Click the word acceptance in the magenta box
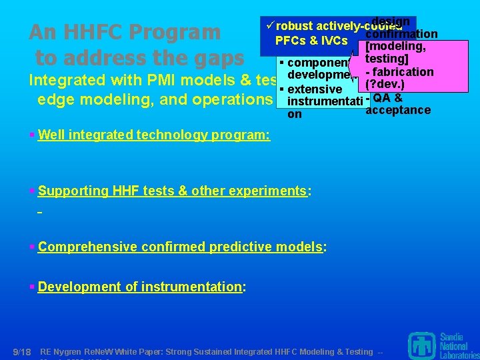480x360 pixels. click(398, 110)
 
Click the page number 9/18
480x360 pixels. click(22, 351)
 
